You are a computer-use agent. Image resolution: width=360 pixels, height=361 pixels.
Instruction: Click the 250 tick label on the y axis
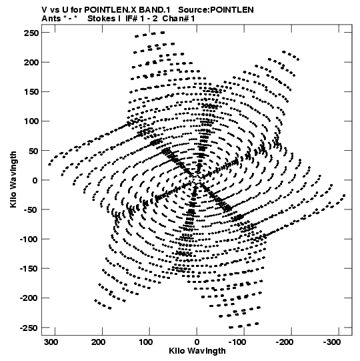coord(31,33)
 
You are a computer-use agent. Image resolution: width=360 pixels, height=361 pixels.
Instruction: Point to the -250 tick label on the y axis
coord(29,328)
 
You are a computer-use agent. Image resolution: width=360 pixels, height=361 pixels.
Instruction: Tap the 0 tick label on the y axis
coord(35,180)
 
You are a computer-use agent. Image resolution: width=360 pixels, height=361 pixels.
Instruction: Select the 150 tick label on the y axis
coord(31,92)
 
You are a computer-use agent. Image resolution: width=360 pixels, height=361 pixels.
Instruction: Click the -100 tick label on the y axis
coord(29,239)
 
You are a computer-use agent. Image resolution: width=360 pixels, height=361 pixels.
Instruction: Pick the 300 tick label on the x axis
coord(51,342)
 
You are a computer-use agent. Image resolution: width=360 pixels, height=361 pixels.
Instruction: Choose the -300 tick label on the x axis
coord(332,342)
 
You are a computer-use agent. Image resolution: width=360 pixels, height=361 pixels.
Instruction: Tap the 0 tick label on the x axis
coord(197,342)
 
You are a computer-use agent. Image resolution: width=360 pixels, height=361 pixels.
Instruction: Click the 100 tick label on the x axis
coord(145,342)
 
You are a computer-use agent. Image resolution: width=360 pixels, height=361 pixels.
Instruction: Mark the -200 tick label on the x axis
coord(285,342)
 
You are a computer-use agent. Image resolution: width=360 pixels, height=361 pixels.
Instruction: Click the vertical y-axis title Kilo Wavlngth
coord(13,179)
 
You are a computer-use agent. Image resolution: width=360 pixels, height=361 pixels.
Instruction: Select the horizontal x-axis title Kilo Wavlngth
coord(197,351)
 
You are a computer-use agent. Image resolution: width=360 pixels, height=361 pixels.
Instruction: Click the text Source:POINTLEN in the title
coord(216,10)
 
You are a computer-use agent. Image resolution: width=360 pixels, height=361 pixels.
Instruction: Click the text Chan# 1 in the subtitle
coord(179,19)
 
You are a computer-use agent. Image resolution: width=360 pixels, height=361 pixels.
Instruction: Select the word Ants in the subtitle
coord(51,19)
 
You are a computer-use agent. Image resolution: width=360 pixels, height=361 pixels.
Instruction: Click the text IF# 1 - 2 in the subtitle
coord(141,19)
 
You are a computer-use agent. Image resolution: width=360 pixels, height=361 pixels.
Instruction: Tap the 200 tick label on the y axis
coord(31,63)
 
